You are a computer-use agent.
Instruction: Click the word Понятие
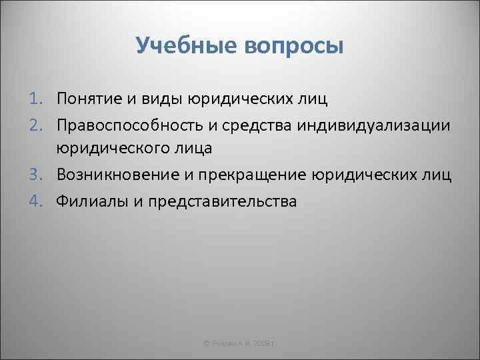pyautogui.click(x=87, y=99)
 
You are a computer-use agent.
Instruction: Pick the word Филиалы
pyautogui.click(x=90, y=200)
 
